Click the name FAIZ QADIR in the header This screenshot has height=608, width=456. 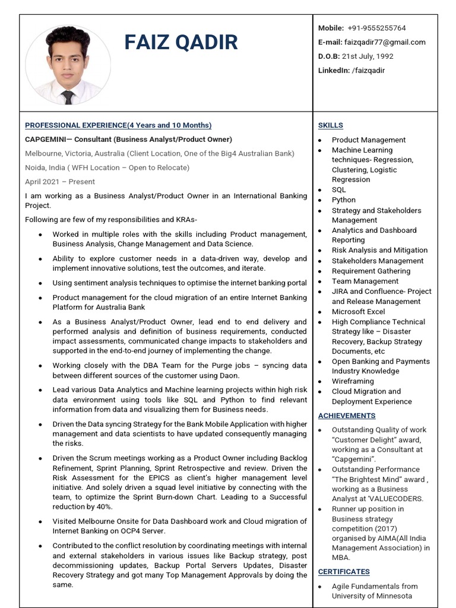coord(181,42)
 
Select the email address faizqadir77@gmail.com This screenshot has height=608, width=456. coord(392,42)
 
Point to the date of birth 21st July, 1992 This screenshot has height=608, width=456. coord(367,56)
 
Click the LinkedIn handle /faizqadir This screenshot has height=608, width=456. coord(368,71)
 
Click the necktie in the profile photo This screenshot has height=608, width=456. coord(68,97)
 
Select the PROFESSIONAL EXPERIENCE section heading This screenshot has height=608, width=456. coord(118,125)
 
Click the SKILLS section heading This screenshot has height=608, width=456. coord(330,125)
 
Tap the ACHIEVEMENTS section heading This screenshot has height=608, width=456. coord(346,416)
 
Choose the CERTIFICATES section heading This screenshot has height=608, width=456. coord(343,572)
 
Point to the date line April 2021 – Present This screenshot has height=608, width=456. coord(60,182)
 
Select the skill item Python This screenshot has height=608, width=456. coord(343,200)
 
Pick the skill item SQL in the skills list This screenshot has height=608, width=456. coord(338,190)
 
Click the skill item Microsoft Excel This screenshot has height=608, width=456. coord(358,312)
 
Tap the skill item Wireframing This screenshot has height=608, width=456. coord(353,381)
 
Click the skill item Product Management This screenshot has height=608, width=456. coord(368,140)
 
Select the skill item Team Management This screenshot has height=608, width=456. coord(365,281)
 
